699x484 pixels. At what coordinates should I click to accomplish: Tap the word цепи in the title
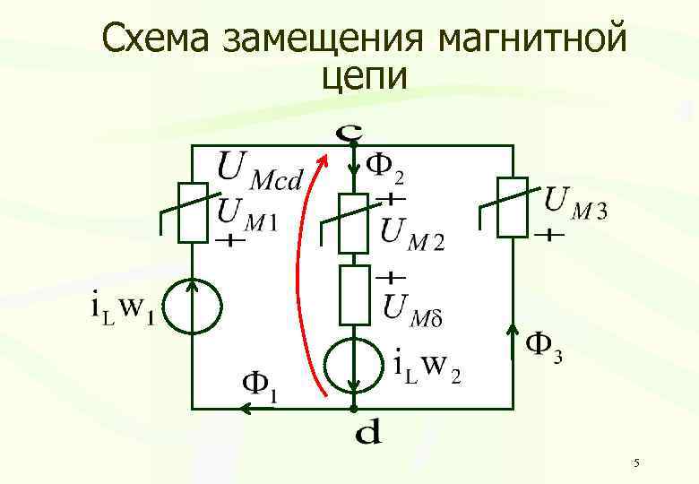tap(364, 77)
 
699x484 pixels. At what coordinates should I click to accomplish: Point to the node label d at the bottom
tap(367, 435)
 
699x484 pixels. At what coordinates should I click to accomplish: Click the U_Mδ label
tap(414, 307)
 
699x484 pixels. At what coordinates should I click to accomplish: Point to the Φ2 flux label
tap(386, 165)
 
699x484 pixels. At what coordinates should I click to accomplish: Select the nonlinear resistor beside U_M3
tap(512, 208)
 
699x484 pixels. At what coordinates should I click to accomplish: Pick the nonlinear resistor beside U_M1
tap(193, 212)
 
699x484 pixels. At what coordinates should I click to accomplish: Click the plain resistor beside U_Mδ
tap(354, 293)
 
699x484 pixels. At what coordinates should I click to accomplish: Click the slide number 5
tap(635, 463)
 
